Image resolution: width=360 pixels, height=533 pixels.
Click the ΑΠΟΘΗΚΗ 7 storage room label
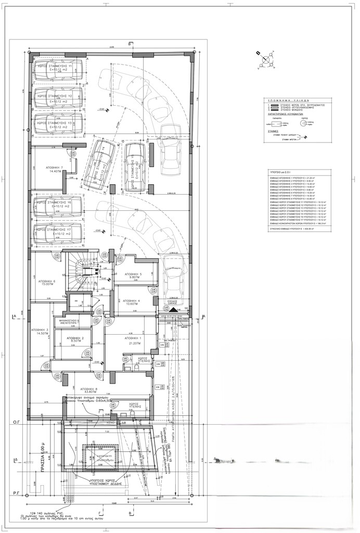(x=54, y=170)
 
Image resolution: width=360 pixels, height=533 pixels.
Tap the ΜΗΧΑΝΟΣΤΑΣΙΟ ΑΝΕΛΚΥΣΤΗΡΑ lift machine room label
(x=68, y=321)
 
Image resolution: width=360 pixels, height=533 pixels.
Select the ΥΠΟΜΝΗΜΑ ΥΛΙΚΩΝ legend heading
(x=292, y=103)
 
